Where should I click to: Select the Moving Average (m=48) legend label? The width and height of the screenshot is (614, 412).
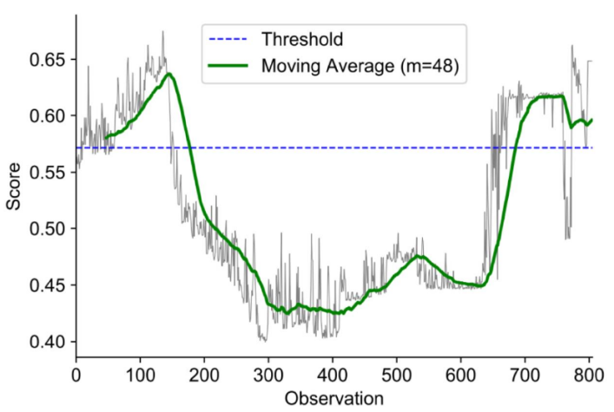coord(352,66)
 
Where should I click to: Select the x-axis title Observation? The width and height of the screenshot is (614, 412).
coord(333,399)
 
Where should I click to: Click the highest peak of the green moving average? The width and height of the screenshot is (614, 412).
coord(169,75)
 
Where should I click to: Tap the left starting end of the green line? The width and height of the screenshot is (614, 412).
coord(106,137)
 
